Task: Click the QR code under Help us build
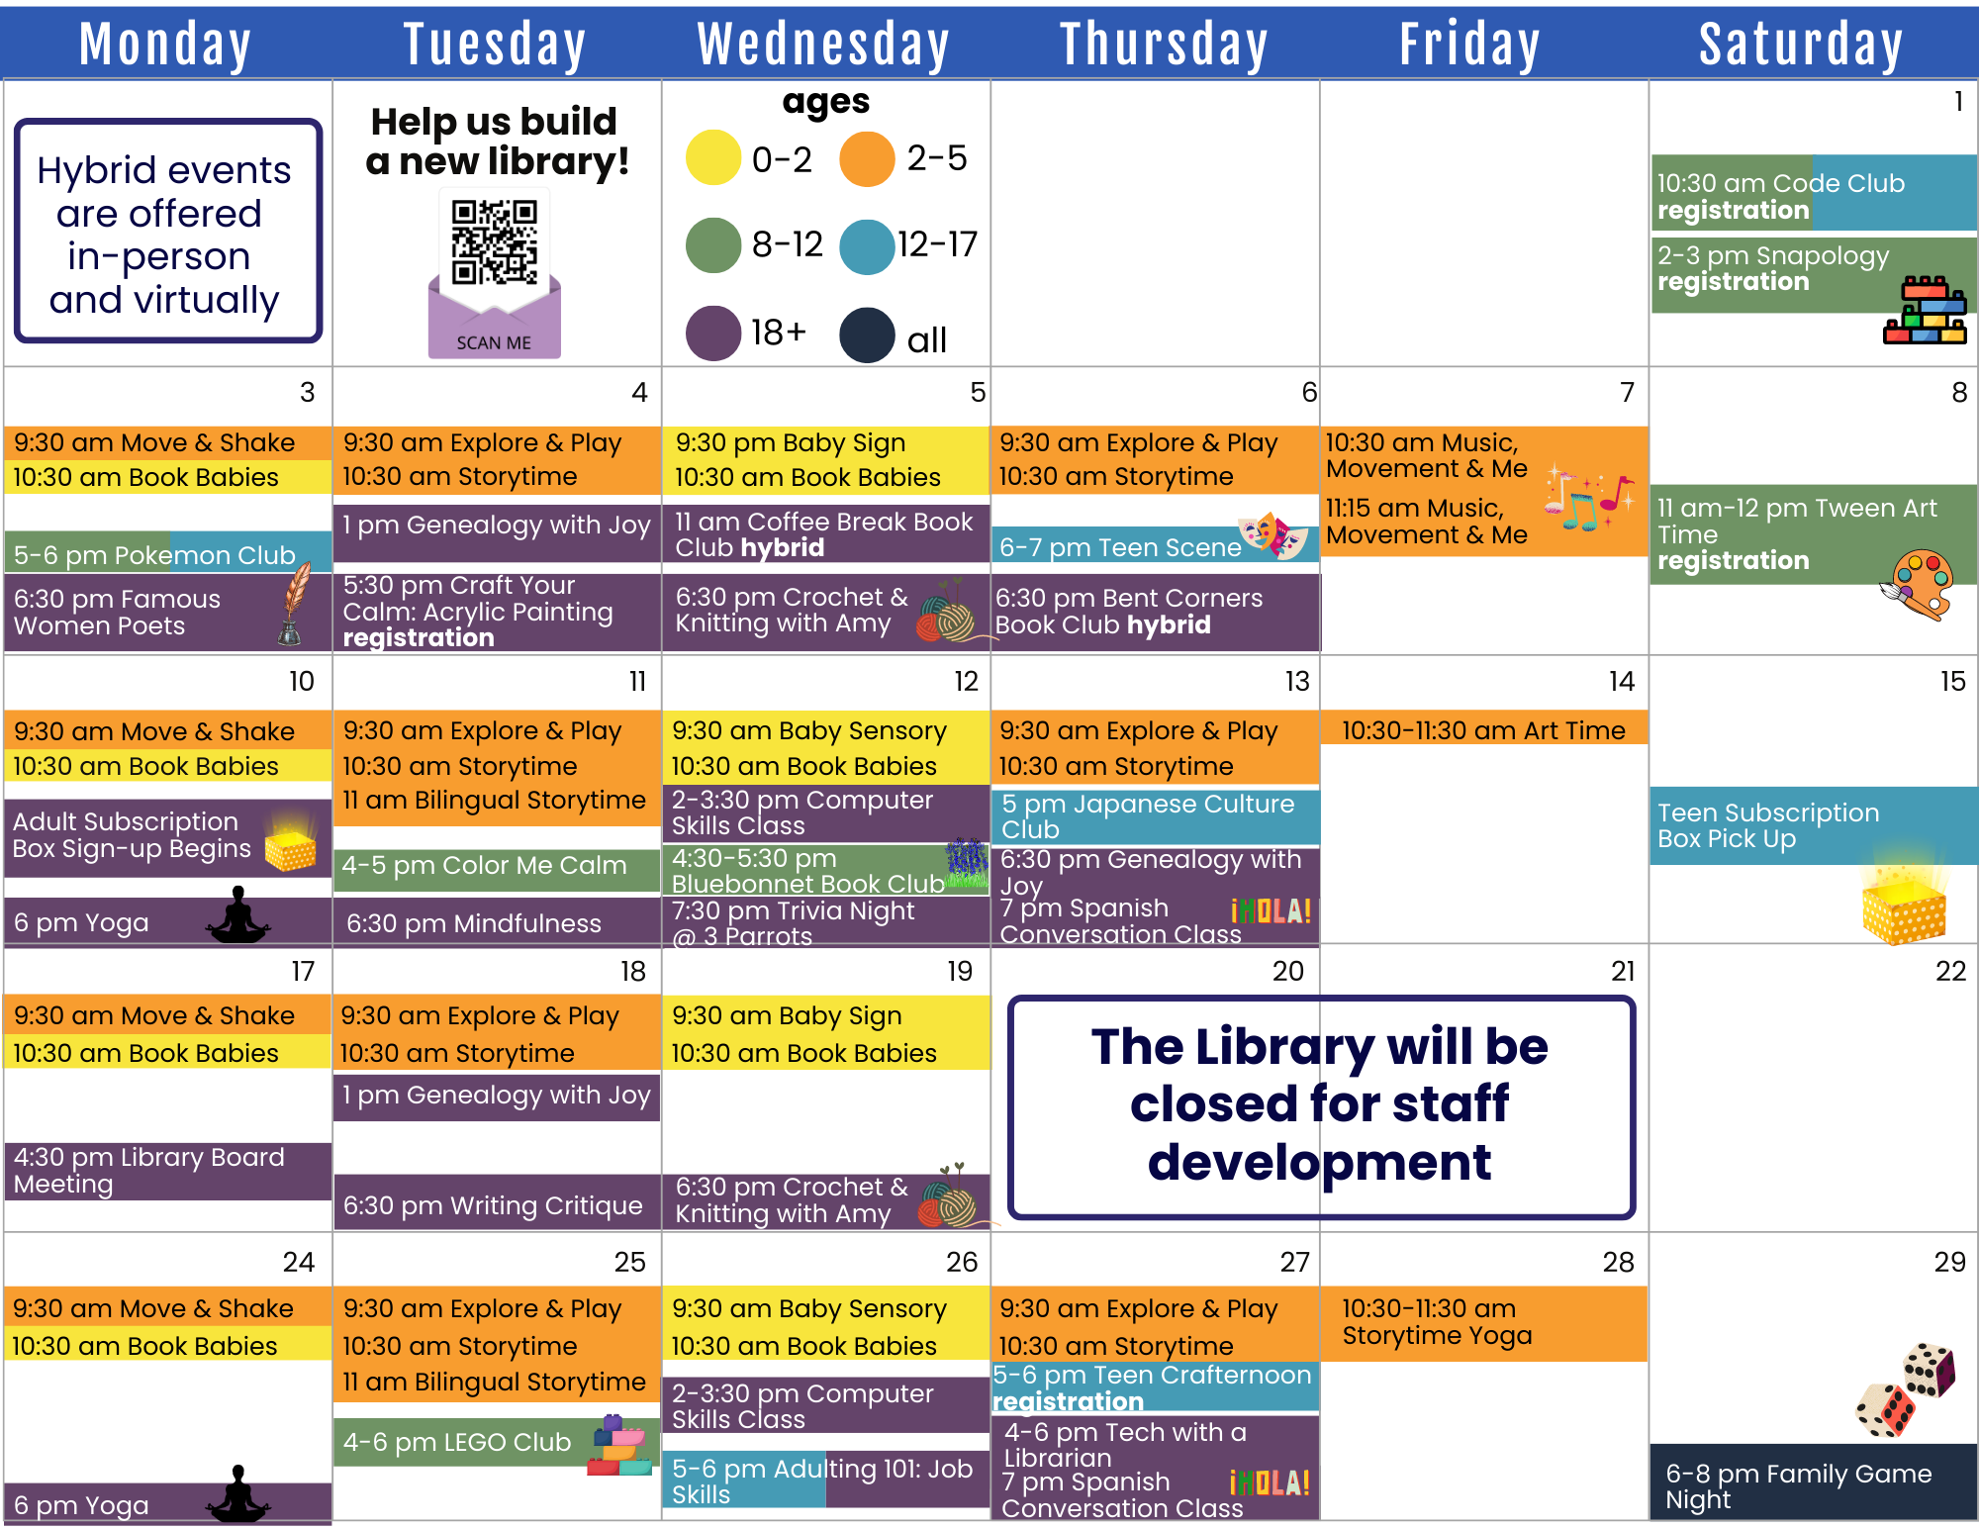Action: tap(495, 243)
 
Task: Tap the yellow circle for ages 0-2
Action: tap(713, 158)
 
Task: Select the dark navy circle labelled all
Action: tap(868, 335)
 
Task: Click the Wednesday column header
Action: tap(824, 45)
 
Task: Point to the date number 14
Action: tap(1622, 681)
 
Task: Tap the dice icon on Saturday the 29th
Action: tap(1906, 1389)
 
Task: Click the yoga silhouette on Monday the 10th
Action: tap(237, 914)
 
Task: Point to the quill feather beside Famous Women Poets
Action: tap(294, 603)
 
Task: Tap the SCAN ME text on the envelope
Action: tap(494, 342)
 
